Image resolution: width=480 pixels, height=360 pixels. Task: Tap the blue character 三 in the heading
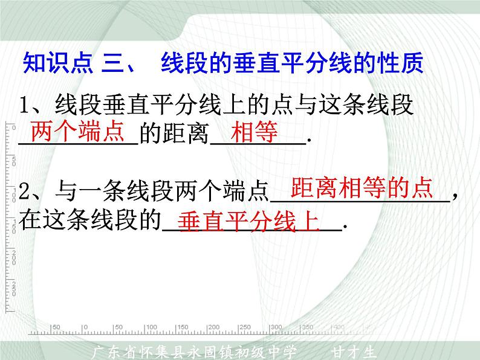click(112, 62)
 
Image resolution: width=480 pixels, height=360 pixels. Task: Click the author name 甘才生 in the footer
click(354, 351)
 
